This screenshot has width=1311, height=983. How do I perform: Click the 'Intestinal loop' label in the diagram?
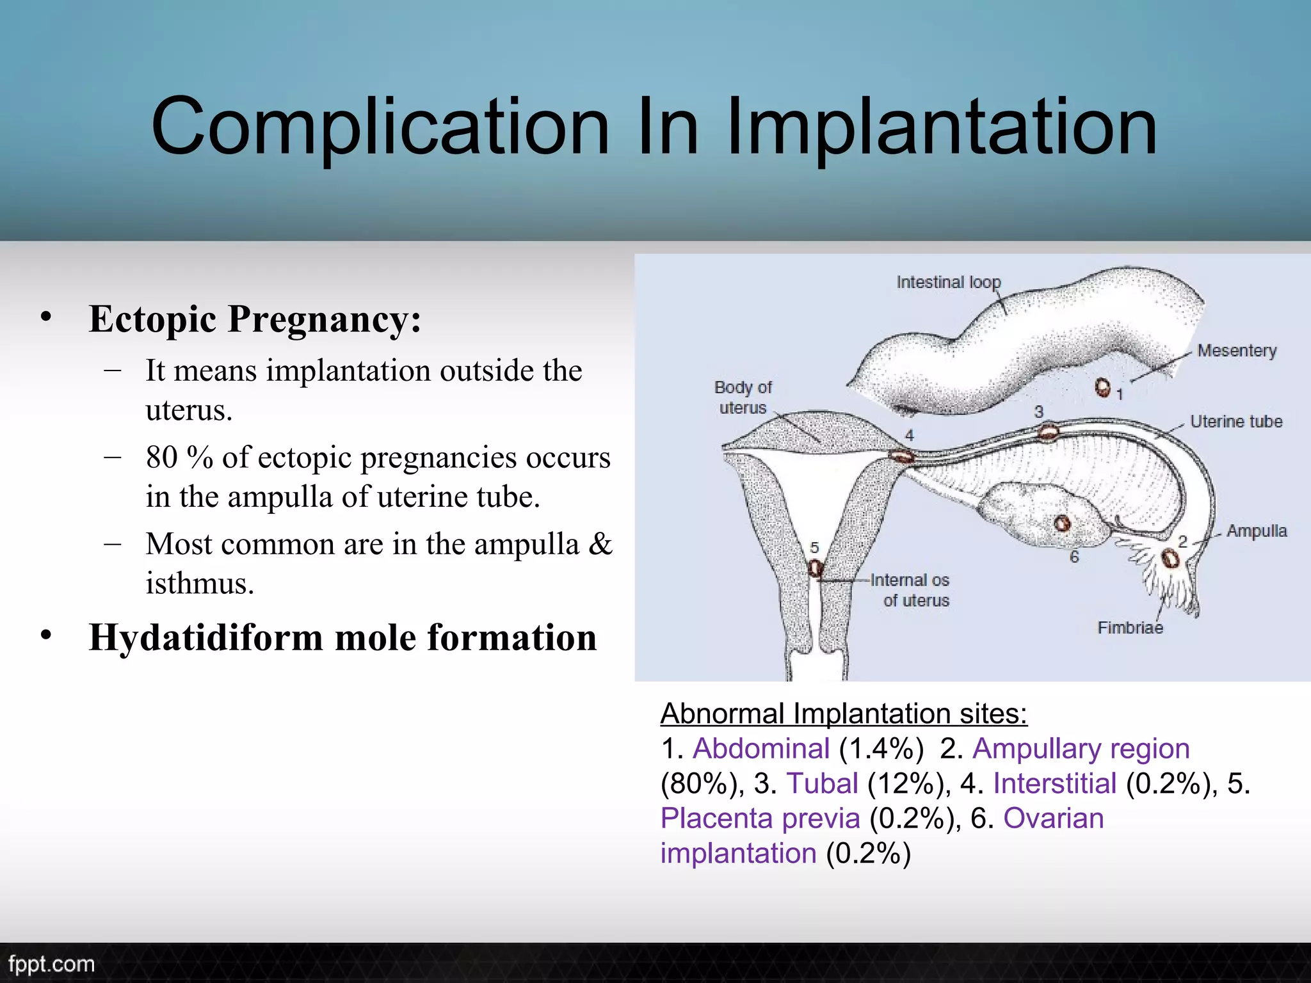(x=948, y=282)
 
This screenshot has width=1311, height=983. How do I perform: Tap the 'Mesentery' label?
(x=1237, y=351)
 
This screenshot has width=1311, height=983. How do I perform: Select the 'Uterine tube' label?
(x=1236, y=422)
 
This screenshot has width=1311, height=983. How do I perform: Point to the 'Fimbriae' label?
(x=1130, y=628)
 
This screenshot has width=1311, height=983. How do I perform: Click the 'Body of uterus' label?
(x=743, y=397)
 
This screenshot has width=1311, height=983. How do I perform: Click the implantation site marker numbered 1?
(x=1102, y=387)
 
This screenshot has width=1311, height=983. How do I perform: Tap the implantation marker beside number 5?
(x=815, y=568)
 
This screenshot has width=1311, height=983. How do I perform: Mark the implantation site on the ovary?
(x=1062, y=523)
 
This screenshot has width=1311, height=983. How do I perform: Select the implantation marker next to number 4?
(x=903, y=456)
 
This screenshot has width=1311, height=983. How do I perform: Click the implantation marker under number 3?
(x=1048, y=432)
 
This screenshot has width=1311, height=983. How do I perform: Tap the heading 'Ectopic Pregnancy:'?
(x=255, y=319)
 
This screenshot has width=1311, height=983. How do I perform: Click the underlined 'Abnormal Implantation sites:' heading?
(x=844, y=714)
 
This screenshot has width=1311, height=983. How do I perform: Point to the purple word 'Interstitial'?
(x=1054, y=783)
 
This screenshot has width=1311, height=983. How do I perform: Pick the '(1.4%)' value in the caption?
(x=881, y=749)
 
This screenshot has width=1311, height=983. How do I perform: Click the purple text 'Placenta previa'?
(x=760, y=819)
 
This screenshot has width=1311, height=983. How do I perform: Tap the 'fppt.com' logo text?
(x=51, y=964)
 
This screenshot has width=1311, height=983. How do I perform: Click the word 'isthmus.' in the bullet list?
(x=200, y=583)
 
